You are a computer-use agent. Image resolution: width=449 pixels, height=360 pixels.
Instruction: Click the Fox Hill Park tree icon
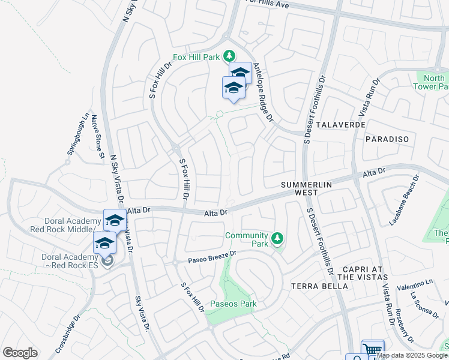coord(228,57)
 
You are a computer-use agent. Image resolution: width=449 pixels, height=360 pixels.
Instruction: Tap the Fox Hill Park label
coord(196,57)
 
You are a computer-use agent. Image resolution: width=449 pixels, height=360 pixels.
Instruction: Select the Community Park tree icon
coord(277,239)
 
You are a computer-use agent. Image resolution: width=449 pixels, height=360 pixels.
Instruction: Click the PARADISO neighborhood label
coord(386,139)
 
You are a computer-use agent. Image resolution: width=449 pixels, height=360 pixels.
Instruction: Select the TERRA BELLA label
coord(319,286)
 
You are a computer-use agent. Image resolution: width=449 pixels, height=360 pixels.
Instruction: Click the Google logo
coord(20,352)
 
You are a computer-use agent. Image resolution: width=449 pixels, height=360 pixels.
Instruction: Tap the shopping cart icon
coord(372,349)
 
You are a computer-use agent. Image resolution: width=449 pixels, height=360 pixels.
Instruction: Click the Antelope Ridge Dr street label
coord(262,93)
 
